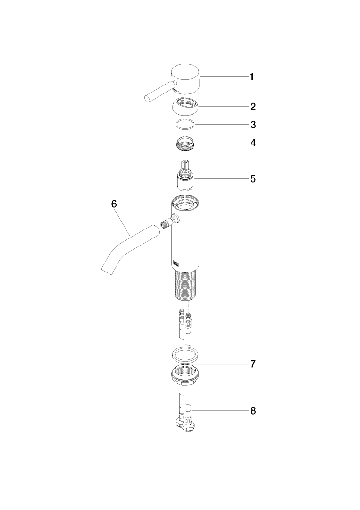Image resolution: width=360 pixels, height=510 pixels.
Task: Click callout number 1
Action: click(251, 77)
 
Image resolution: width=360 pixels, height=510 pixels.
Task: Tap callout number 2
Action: click(253, 107)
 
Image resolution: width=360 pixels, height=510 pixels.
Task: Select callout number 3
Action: click(253, 125)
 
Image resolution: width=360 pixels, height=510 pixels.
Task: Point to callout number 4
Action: click(253, 143)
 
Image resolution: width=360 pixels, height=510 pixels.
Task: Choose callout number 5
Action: click(253, 179)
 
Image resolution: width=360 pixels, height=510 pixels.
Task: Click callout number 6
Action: click(114, 204)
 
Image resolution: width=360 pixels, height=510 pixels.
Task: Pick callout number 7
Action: click(253, 364)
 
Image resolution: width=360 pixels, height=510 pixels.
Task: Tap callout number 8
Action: click(253, 411)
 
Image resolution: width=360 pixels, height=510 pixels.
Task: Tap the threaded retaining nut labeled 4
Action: click(185, 144)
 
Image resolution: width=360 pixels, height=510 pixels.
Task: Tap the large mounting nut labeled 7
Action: click(185, 375)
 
